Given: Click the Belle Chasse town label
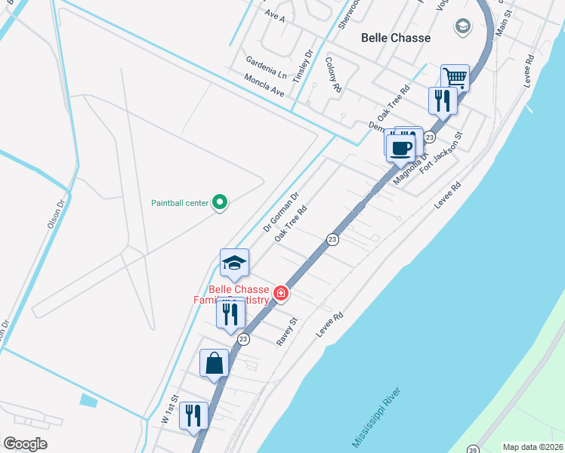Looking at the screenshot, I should (396, 38).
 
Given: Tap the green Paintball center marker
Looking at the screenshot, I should (220, 202).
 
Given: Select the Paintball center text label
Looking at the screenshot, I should (179, 202).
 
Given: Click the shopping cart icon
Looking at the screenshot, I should (455, 77).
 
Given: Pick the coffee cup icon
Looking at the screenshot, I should (400, 146).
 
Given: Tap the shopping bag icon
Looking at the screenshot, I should (215, 362).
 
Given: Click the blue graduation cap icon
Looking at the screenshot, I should (234, 263).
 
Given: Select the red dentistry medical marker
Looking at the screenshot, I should (281, 293).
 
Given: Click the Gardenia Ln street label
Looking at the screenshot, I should (266, 69).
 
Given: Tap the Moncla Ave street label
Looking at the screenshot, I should (264, 85).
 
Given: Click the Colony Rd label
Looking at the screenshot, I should (332, 75).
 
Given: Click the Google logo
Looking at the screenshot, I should (25, 444).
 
